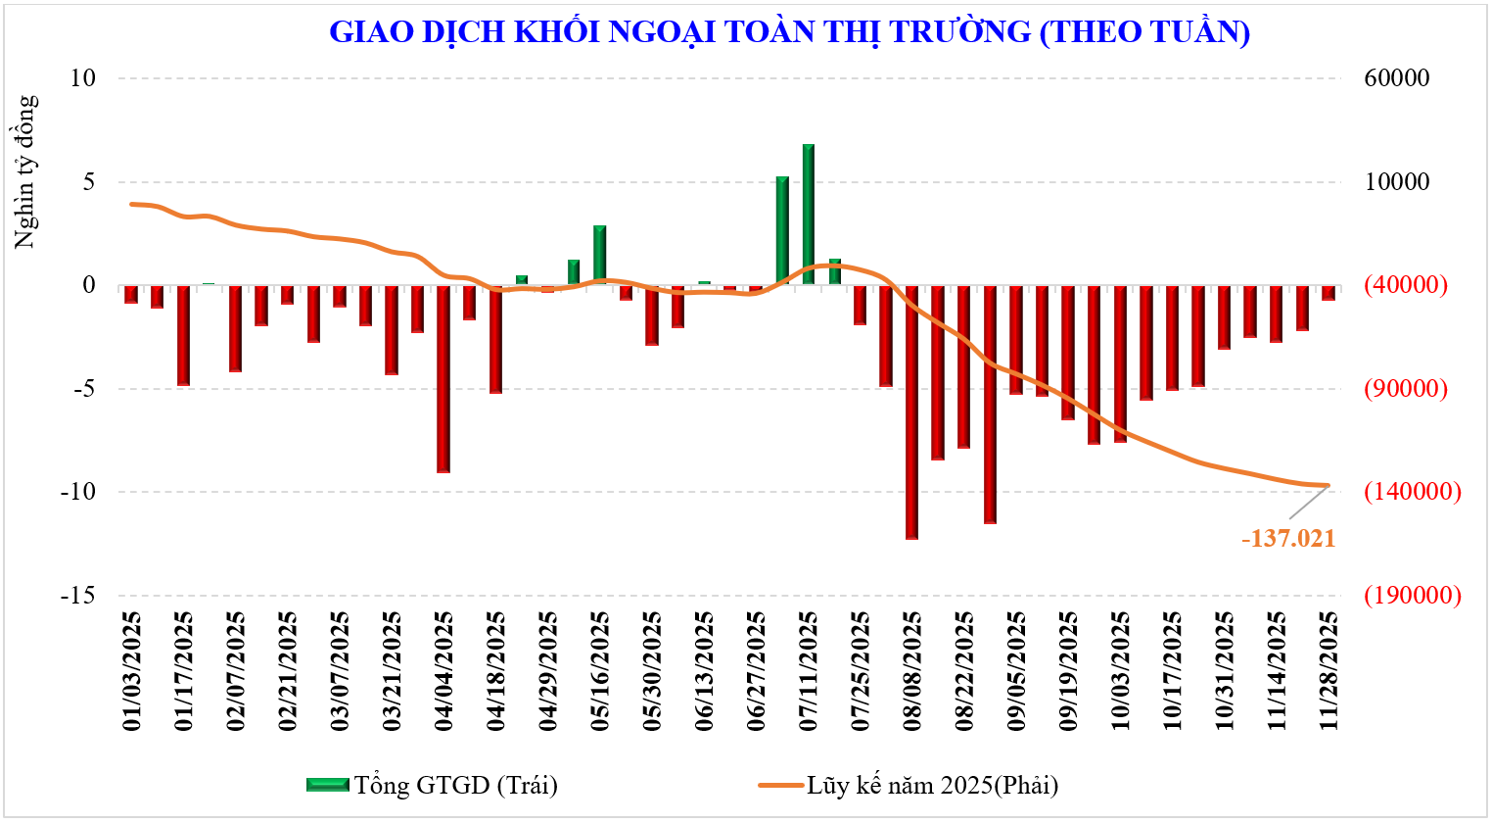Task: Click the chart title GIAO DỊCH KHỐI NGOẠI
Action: coord(789,31)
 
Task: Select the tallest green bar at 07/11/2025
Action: coord(809,215)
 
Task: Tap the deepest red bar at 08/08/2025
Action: coord(911,411)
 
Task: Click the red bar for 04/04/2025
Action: coord(443,378)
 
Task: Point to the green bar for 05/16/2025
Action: coord(599,255)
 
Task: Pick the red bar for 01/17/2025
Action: coord(183,335)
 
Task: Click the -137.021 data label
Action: coord(1287,539)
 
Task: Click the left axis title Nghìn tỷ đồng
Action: coord(25,171)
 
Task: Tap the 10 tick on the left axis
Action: coord(82,78)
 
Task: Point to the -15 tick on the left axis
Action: coord(77,596)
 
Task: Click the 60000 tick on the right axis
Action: coord(1397,78)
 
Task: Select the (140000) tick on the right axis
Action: coord(1412,492)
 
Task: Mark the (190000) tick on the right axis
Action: coord(1412,596)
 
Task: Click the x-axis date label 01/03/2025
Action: coord(131,672)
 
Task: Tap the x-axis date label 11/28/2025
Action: coord(1329,672)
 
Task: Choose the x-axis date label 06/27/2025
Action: coord(756,672)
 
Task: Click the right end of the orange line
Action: coord(1328,485)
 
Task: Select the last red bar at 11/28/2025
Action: coord(1329,293)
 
